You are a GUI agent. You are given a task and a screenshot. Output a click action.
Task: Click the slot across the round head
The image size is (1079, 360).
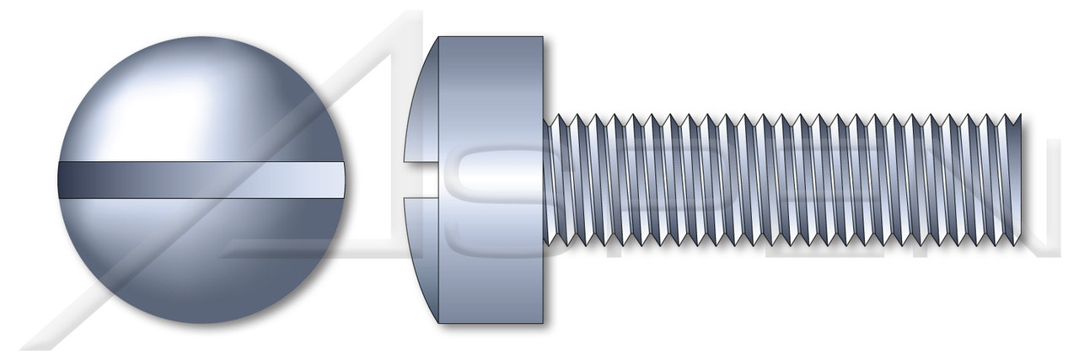[202, 180]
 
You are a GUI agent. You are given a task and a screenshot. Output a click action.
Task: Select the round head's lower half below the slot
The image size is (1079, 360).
[202, 261]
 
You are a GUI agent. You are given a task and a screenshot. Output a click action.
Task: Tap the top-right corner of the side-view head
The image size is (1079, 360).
[542, 38]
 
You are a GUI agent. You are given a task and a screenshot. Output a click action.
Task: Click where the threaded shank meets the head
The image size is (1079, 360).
[546, 180]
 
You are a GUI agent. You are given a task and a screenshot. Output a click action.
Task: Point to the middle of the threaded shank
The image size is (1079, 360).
[784, 180]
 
